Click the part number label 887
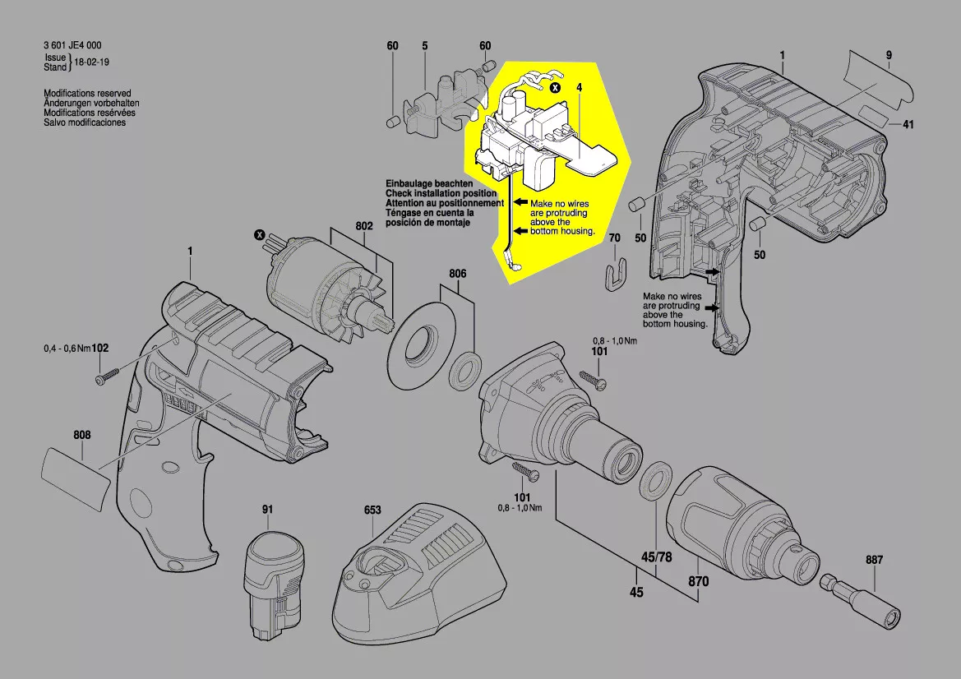[874, 560]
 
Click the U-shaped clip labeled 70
[613, 275]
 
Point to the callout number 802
[364, 226]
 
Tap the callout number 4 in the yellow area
[580, 86]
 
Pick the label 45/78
[655, 558]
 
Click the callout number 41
[908, 125]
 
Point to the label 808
[81, 435]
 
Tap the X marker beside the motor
[261, 236]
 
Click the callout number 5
[425, 46]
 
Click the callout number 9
[889, 55]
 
